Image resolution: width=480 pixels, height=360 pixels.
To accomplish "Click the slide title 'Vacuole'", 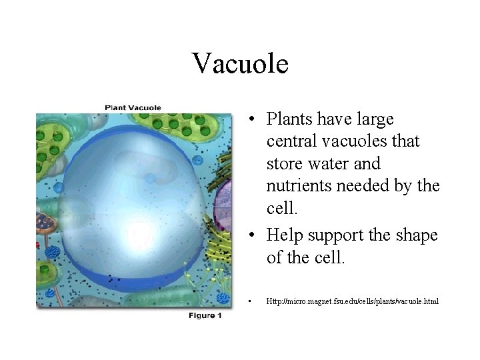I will tap(240, 64).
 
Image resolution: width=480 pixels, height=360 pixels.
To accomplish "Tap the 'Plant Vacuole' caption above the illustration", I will tap(133, 107).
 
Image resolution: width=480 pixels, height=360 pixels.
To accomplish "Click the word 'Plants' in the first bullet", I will tap(287, 119).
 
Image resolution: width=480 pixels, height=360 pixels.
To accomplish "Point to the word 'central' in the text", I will tap(291, 141).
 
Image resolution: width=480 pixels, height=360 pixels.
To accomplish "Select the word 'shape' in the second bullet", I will tap(414, 235).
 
